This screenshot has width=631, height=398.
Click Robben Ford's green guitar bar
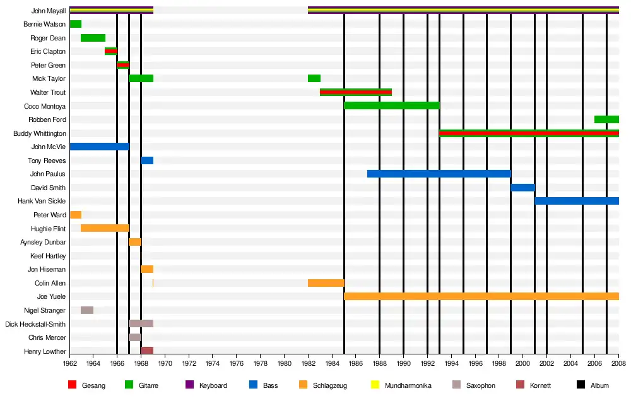[606, 119]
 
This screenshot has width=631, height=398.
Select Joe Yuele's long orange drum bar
[481, 296]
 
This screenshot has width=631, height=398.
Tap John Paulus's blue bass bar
[439, 174]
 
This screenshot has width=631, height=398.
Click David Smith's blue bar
[522, 188]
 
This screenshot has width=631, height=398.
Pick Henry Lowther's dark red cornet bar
[147, 351]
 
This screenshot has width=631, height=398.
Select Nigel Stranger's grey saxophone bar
[87, 310]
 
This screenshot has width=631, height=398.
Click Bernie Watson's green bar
[76, 24]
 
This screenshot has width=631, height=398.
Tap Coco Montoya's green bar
[392, 106]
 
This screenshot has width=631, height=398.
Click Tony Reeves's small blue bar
[147, 160]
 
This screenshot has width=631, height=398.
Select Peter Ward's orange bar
[76, 215]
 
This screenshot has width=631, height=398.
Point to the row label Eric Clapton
[48, 51]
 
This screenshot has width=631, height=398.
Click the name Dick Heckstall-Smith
[35, 324]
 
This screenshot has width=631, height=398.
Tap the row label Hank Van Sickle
[42, 201]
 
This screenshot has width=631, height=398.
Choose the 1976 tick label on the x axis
[237, 363]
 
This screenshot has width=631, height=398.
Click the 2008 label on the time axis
[618, 363]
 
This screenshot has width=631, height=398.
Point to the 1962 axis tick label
[69, 363]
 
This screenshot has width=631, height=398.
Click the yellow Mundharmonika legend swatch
[375, 385]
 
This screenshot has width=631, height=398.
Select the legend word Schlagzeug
[330, 385]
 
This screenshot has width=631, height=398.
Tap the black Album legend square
[581, 385]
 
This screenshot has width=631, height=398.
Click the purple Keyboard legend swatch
[189, 385]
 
